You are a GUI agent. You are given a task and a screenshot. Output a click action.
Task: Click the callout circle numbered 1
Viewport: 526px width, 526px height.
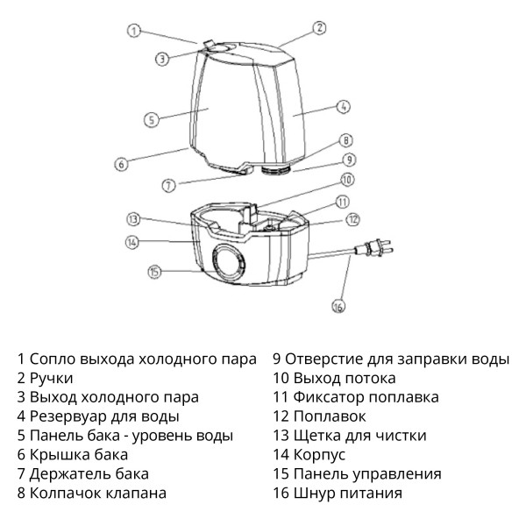(133, 31)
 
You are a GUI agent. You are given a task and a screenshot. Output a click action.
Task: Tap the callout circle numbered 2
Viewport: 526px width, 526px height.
(320, 28)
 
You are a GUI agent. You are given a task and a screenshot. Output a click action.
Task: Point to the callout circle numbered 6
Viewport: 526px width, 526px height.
(122, 163)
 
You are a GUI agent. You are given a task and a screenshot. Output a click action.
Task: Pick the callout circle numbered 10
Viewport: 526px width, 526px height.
(346, 180)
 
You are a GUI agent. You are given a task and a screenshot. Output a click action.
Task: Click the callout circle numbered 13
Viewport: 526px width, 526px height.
(133, 218)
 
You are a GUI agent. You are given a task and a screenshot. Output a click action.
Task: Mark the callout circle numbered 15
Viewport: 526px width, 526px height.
(154, 272)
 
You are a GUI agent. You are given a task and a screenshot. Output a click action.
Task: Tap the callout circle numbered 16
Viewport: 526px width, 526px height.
(338, 306)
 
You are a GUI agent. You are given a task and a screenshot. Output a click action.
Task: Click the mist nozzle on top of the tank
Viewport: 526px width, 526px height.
(213, 44)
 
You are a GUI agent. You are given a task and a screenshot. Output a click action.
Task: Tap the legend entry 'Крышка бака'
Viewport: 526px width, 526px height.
(78, 454)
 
